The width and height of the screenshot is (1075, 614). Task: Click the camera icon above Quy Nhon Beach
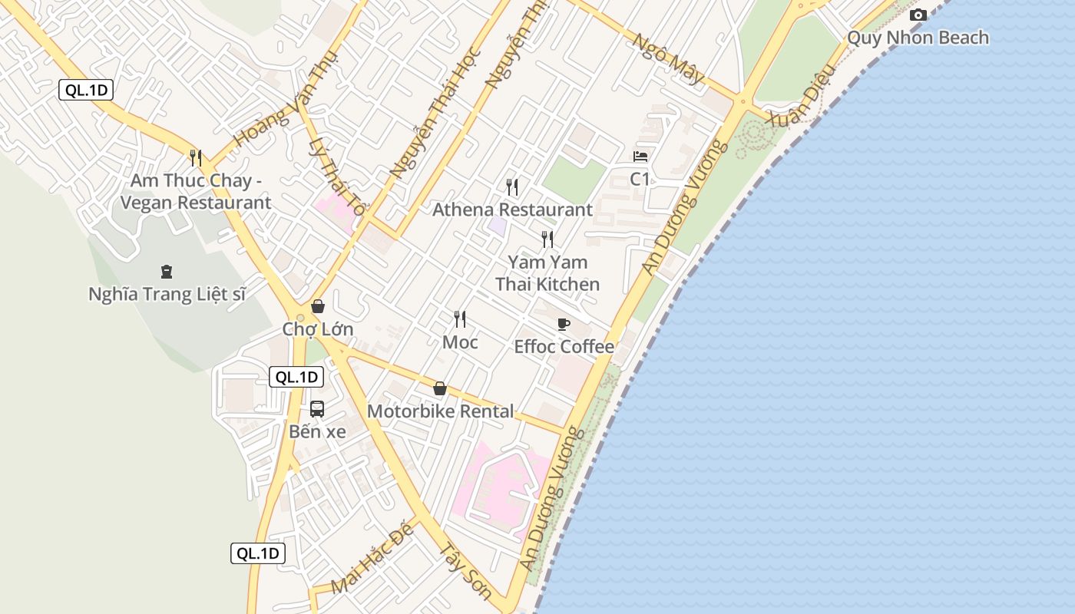point(918,15)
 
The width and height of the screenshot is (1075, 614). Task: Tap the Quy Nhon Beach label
point(918,38)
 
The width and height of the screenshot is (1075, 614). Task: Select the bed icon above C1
point(640,157)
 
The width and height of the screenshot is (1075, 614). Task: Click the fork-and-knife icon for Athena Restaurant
point(512,187)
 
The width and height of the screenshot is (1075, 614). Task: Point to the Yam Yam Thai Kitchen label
point(547,273)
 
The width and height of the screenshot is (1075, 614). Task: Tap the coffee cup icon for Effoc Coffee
point(564,324)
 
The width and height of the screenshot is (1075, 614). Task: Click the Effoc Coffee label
point(564,347)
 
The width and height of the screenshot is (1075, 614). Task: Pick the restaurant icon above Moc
point(460,319)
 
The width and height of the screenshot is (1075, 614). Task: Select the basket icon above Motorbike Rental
point(440,388)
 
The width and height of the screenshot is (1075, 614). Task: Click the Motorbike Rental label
point(440,411)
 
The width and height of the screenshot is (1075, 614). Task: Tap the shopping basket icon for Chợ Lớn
point(318,306)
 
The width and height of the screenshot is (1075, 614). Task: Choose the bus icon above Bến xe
point(317,409)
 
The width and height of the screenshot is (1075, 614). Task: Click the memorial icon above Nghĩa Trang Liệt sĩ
point(166,271)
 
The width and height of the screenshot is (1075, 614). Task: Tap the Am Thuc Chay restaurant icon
point(196,158)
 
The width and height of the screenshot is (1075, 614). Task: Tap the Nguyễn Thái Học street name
point(435,115)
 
